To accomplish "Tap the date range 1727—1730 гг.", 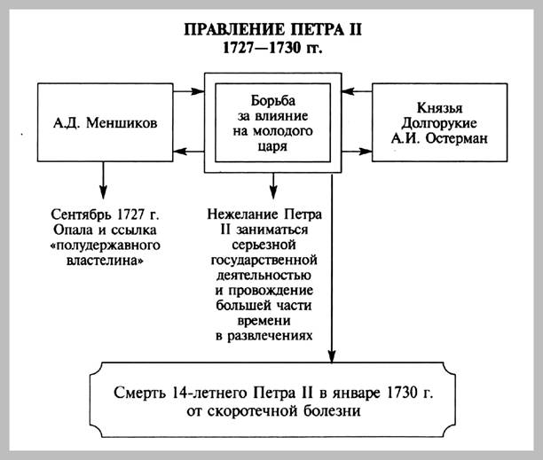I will tap(271, 50).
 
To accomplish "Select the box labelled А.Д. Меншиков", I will tap(104, 123).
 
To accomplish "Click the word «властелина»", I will tap(104, 264).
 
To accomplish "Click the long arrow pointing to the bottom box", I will tap(333, 266).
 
